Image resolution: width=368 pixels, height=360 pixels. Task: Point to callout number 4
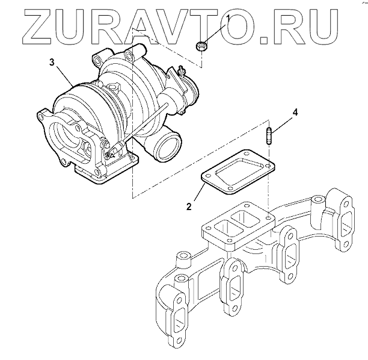click(x=295, y=113)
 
